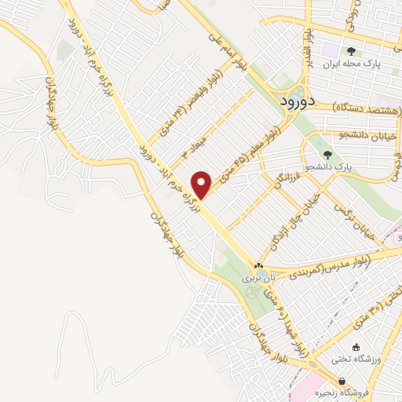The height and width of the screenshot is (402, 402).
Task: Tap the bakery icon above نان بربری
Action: pyautogui.click(x=259, y=266)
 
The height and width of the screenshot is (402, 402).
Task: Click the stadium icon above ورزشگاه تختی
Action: pyautogui.click(x=356, y=347)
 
